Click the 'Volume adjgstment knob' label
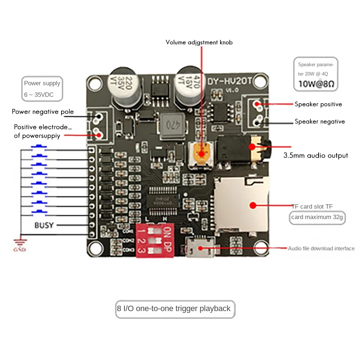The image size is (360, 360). [x=199, y=42]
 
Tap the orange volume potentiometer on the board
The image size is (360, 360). [x=201, y=152]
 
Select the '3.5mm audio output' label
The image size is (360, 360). [x=315, y=156]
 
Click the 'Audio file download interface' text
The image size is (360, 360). [x=321, y=249]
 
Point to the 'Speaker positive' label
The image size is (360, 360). [x=318, y=104]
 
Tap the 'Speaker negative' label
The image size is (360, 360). [x=319, y=122]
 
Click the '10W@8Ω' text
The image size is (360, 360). [x=316, y=85]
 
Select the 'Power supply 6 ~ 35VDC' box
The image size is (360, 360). [x=42, y=89]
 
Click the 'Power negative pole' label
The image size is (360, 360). [x=42, y=111]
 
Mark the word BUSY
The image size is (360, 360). [x=44, y=225]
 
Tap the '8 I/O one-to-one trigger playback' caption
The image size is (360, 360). [x=174, y=309]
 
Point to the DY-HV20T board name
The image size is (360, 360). [x=230, y=81]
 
